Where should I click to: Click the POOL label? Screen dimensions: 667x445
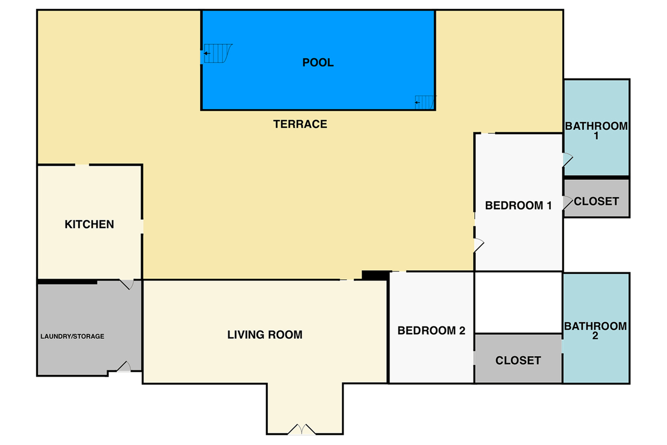coord(318,63)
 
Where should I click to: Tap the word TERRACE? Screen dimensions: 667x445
coord(300,124)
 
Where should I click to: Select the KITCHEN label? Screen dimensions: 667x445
coord(89,224)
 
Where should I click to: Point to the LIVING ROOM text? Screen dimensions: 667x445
coord(265,335)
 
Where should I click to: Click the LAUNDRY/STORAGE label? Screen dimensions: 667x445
coord(72,337)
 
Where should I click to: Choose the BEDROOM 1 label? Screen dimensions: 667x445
coord(519,206)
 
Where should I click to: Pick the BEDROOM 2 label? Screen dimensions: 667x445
coord(431,330)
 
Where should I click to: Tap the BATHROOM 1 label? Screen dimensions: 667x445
coord(596,131)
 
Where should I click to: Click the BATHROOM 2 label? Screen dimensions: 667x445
coord(595,331)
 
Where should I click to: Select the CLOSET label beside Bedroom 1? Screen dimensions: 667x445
coord(596,201)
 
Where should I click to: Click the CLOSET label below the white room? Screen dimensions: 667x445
coord(518,360)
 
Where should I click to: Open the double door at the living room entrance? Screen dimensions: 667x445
coord(302,429)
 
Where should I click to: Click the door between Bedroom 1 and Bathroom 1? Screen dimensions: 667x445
coord(568,160)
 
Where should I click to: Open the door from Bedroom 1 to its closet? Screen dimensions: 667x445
coord(568,203)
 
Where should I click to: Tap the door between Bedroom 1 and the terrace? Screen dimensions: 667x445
coord(479,245)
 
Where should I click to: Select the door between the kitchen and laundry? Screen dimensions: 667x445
coord(127,284)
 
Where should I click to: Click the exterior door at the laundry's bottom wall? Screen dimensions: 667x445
coord(124,367)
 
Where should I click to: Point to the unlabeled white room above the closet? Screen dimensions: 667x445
coord(519,302)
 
